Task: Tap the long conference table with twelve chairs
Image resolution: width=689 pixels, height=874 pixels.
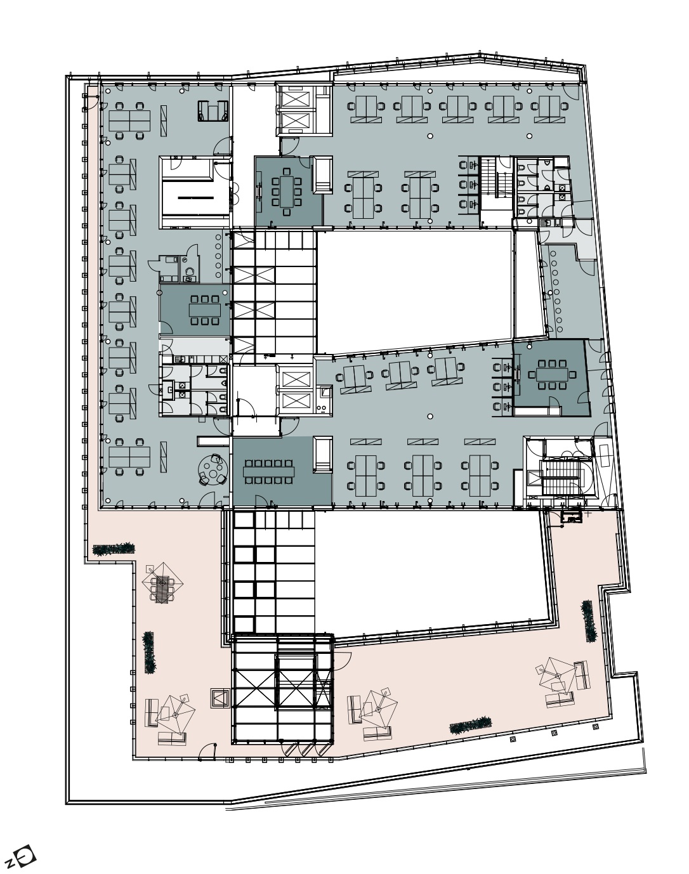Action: pos(268,471)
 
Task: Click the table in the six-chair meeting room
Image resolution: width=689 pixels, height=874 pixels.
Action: pos(205,310)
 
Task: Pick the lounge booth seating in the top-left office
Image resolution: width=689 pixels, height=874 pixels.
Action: pos(212,111)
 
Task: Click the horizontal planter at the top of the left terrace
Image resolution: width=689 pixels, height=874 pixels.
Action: pos(114,549)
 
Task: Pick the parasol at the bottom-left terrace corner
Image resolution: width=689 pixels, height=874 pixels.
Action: pos(176,714)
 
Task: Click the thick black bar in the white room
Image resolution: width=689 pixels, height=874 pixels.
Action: pos(196,198)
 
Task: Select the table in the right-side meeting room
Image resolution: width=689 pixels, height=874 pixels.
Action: pos(552,374)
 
